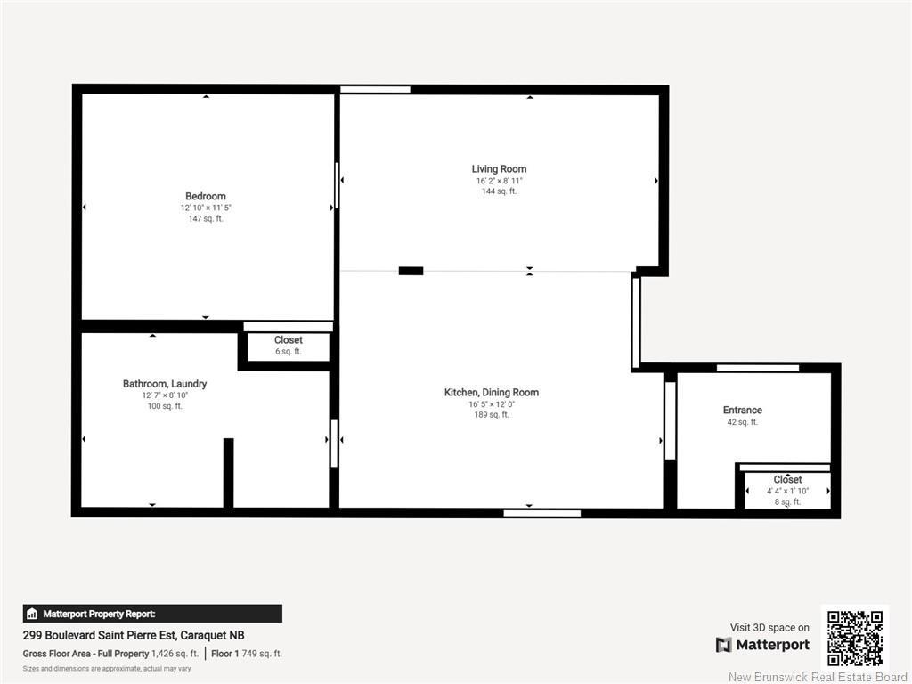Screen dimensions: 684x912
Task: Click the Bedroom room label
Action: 206,196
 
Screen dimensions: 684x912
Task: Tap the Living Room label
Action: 499,169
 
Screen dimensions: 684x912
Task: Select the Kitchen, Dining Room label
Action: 492,393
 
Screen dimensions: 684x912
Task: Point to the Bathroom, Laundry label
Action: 165,384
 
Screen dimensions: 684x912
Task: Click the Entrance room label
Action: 742,411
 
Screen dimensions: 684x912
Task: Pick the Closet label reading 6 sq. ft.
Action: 288,340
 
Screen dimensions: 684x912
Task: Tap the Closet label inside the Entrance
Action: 787,480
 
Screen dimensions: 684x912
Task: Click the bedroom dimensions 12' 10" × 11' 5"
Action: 206,208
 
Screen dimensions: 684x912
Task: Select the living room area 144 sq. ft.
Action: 499,191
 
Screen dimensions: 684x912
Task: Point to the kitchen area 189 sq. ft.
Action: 492,415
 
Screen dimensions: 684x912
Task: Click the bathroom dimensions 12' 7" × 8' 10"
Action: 165,395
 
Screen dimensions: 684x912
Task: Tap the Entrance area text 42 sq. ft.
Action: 742,422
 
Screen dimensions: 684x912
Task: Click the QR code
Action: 854,638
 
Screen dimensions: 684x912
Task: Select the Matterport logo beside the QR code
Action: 762,645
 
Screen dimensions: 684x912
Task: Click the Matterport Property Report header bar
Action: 152,614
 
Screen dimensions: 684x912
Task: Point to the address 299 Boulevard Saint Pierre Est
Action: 134,636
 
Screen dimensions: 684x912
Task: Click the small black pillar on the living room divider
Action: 411,271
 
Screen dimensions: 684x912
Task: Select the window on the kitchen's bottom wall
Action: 541,513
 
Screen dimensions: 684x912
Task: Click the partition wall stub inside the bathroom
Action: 228,473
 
